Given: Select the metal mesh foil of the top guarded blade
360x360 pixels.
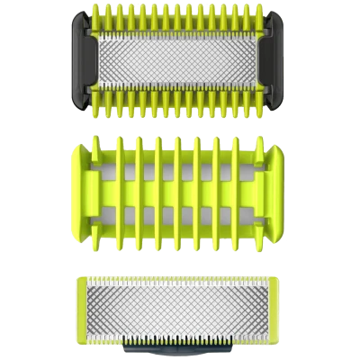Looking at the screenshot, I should (x=180, y=58).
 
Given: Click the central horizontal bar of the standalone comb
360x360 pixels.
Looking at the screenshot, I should (x=180, y=179).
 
